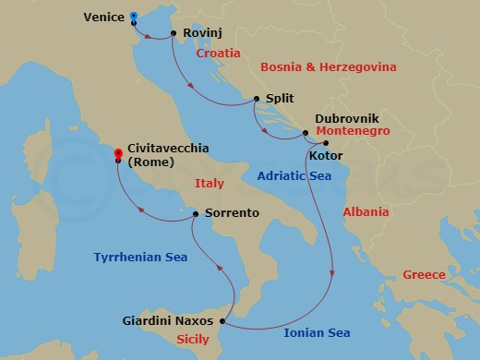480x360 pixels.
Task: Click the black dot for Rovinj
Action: point(174,34)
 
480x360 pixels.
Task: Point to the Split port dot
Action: point(256,98)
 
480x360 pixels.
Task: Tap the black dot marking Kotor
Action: point(325,143)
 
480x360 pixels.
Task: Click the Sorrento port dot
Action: point(196,213)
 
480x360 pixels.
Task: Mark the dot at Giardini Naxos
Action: point(223,321)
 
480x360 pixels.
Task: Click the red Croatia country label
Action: point(218,54)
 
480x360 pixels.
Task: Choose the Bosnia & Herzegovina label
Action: point(329,67)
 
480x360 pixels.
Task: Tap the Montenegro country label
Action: point(353,132)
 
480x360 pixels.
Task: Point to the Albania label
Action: point(365,212)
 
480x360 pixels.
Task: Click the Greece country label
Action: point(424,275)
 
